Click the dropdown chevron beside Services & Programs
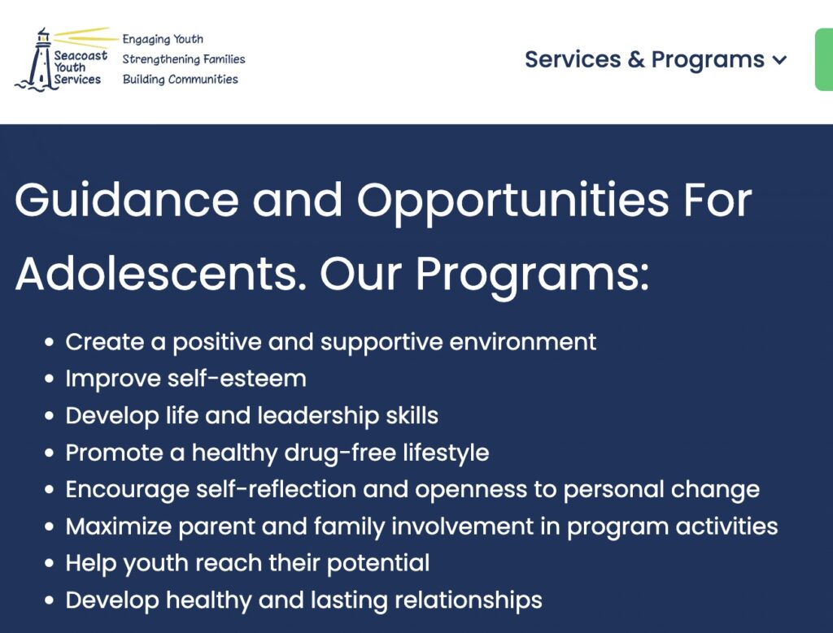[779, 60]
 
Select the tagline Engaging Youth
[163, 39]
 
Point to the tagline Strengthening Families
[184, 59]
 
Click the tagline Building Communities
[180, 80]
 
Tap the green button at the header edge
[824, 60]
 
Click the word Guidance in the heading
[127, 200]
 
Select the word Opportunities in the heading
[512, 202]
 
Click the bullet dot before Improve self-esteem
[50, 379]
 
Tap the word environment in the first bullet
[523, 342]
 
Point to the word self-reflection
[277, 489]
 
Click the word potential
[378, 563]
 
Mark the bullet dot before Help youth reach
[50, 563]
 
